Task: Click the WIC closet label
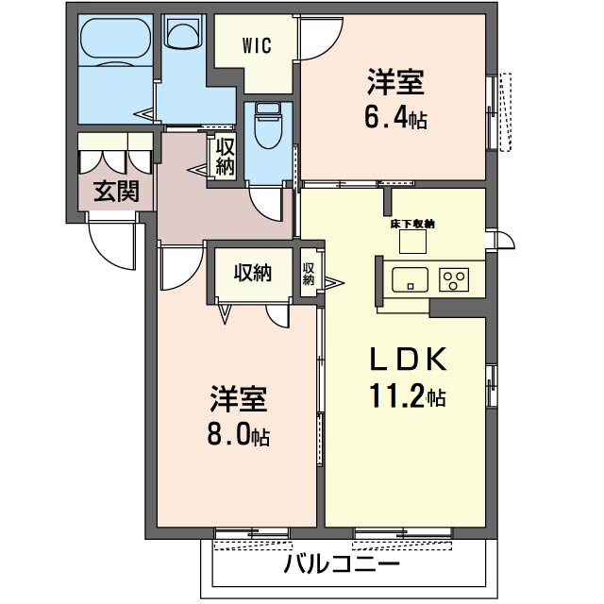[x=257, y=45]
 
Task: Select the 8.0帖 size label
[x=239, y=434]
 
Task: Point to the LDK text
[x=408, y=359]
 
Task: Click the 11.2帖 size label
[x=407, y=395]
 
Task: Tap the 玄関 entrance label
[x=116, y=191]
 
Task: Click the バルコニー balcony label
[x=342, y=565]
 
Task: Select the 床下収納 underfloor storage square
[x=412, y=242]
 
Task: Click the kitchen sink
[x=410, y=279]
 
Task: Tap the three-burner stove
[x=454, y=279]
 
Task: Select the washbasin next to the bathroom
[x=183, y=33]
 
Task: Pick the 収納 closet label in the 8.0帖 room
[x=253, y=273]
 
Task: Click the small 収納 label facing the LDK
[x=309, y=273]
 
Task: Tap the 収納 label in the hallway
[x=225, y=157]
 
